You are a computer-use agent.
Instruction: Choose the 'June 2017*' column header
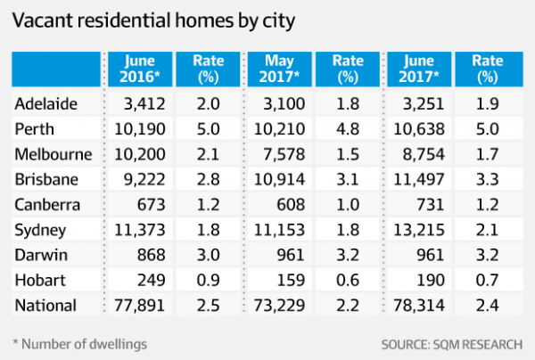(x=416, y=69)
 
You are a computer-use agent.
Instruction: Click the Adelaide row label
(x=46, y=105)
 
